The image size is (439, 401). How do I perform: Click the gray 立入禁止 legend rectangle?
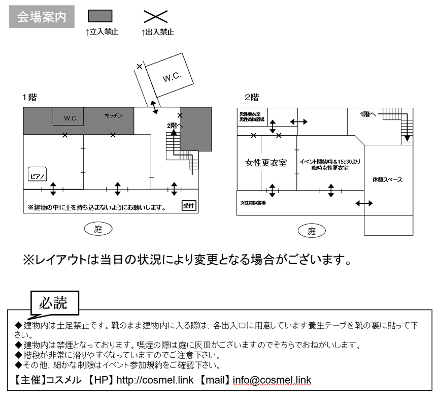click(100, 16)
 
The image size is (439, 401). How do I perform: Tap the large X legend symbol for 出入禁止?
click(156, 17)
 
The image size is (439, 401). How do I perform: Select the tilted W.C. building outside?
click(171, 76)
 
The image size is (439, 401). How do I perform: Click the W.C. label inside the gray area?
click(71, 118)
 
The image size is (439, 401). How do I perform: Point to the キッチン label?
click(113, 115)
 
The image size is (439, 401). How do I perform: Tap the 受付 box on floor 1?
click(188, 205)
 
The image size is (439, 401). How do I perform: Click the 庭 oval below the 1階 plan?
click(98, 229)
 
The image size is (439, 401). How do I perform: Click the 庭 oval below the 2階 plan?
click(312, 231)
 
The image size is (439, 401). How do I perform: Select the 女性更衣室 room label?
click(266, 163)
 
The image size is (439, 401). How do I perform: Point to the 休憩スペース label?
click(387, 179)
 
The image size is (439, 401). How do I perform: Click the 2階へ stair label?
click(175, 125)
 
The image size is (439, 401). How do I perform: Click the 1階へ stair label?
click(368, 114)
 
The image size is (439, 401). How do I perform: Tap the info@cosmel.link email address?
click(272, 380)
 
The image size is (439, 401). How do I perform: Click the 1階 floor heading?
click(29, 97)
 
